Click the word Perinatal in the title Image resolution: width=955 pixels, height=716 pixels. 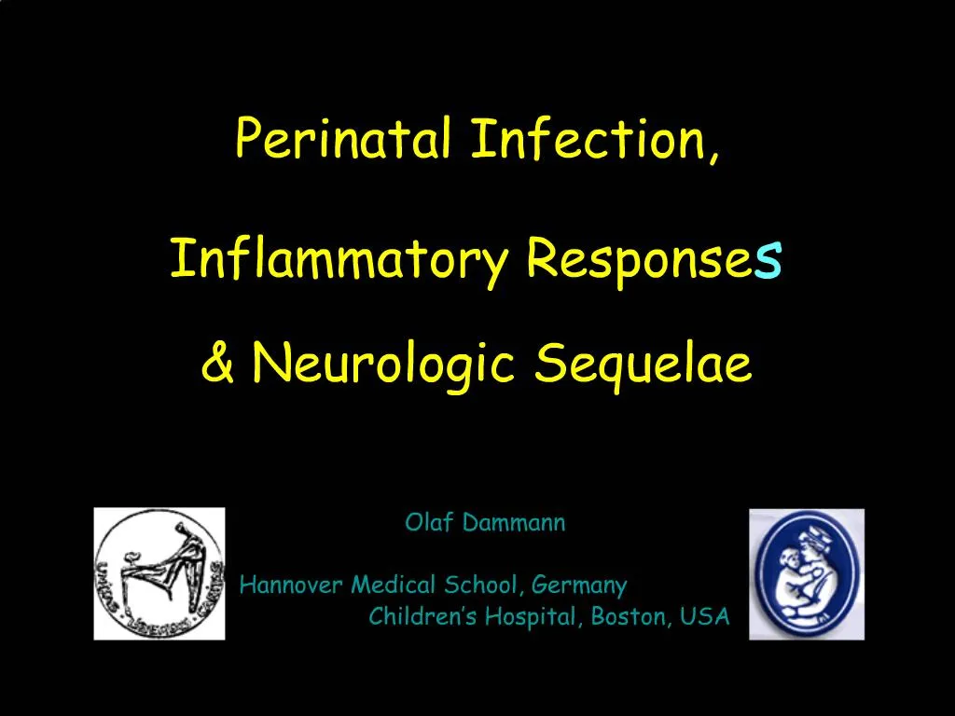[345, 138]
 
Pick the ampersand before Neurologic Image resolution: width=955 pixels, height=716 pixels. [217, 364]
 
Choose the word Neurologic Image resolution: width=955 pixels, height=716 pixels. [383, 364]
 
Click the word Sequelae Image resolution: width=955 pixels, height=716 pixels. [644, 364]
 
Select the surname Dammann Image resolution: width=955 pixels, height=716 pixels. [512, 523]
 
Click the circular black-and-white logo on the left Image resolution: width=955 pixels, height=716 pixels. [159, 573]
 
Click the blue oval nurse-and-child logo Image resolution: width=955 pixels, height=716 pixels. [807, 573]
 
